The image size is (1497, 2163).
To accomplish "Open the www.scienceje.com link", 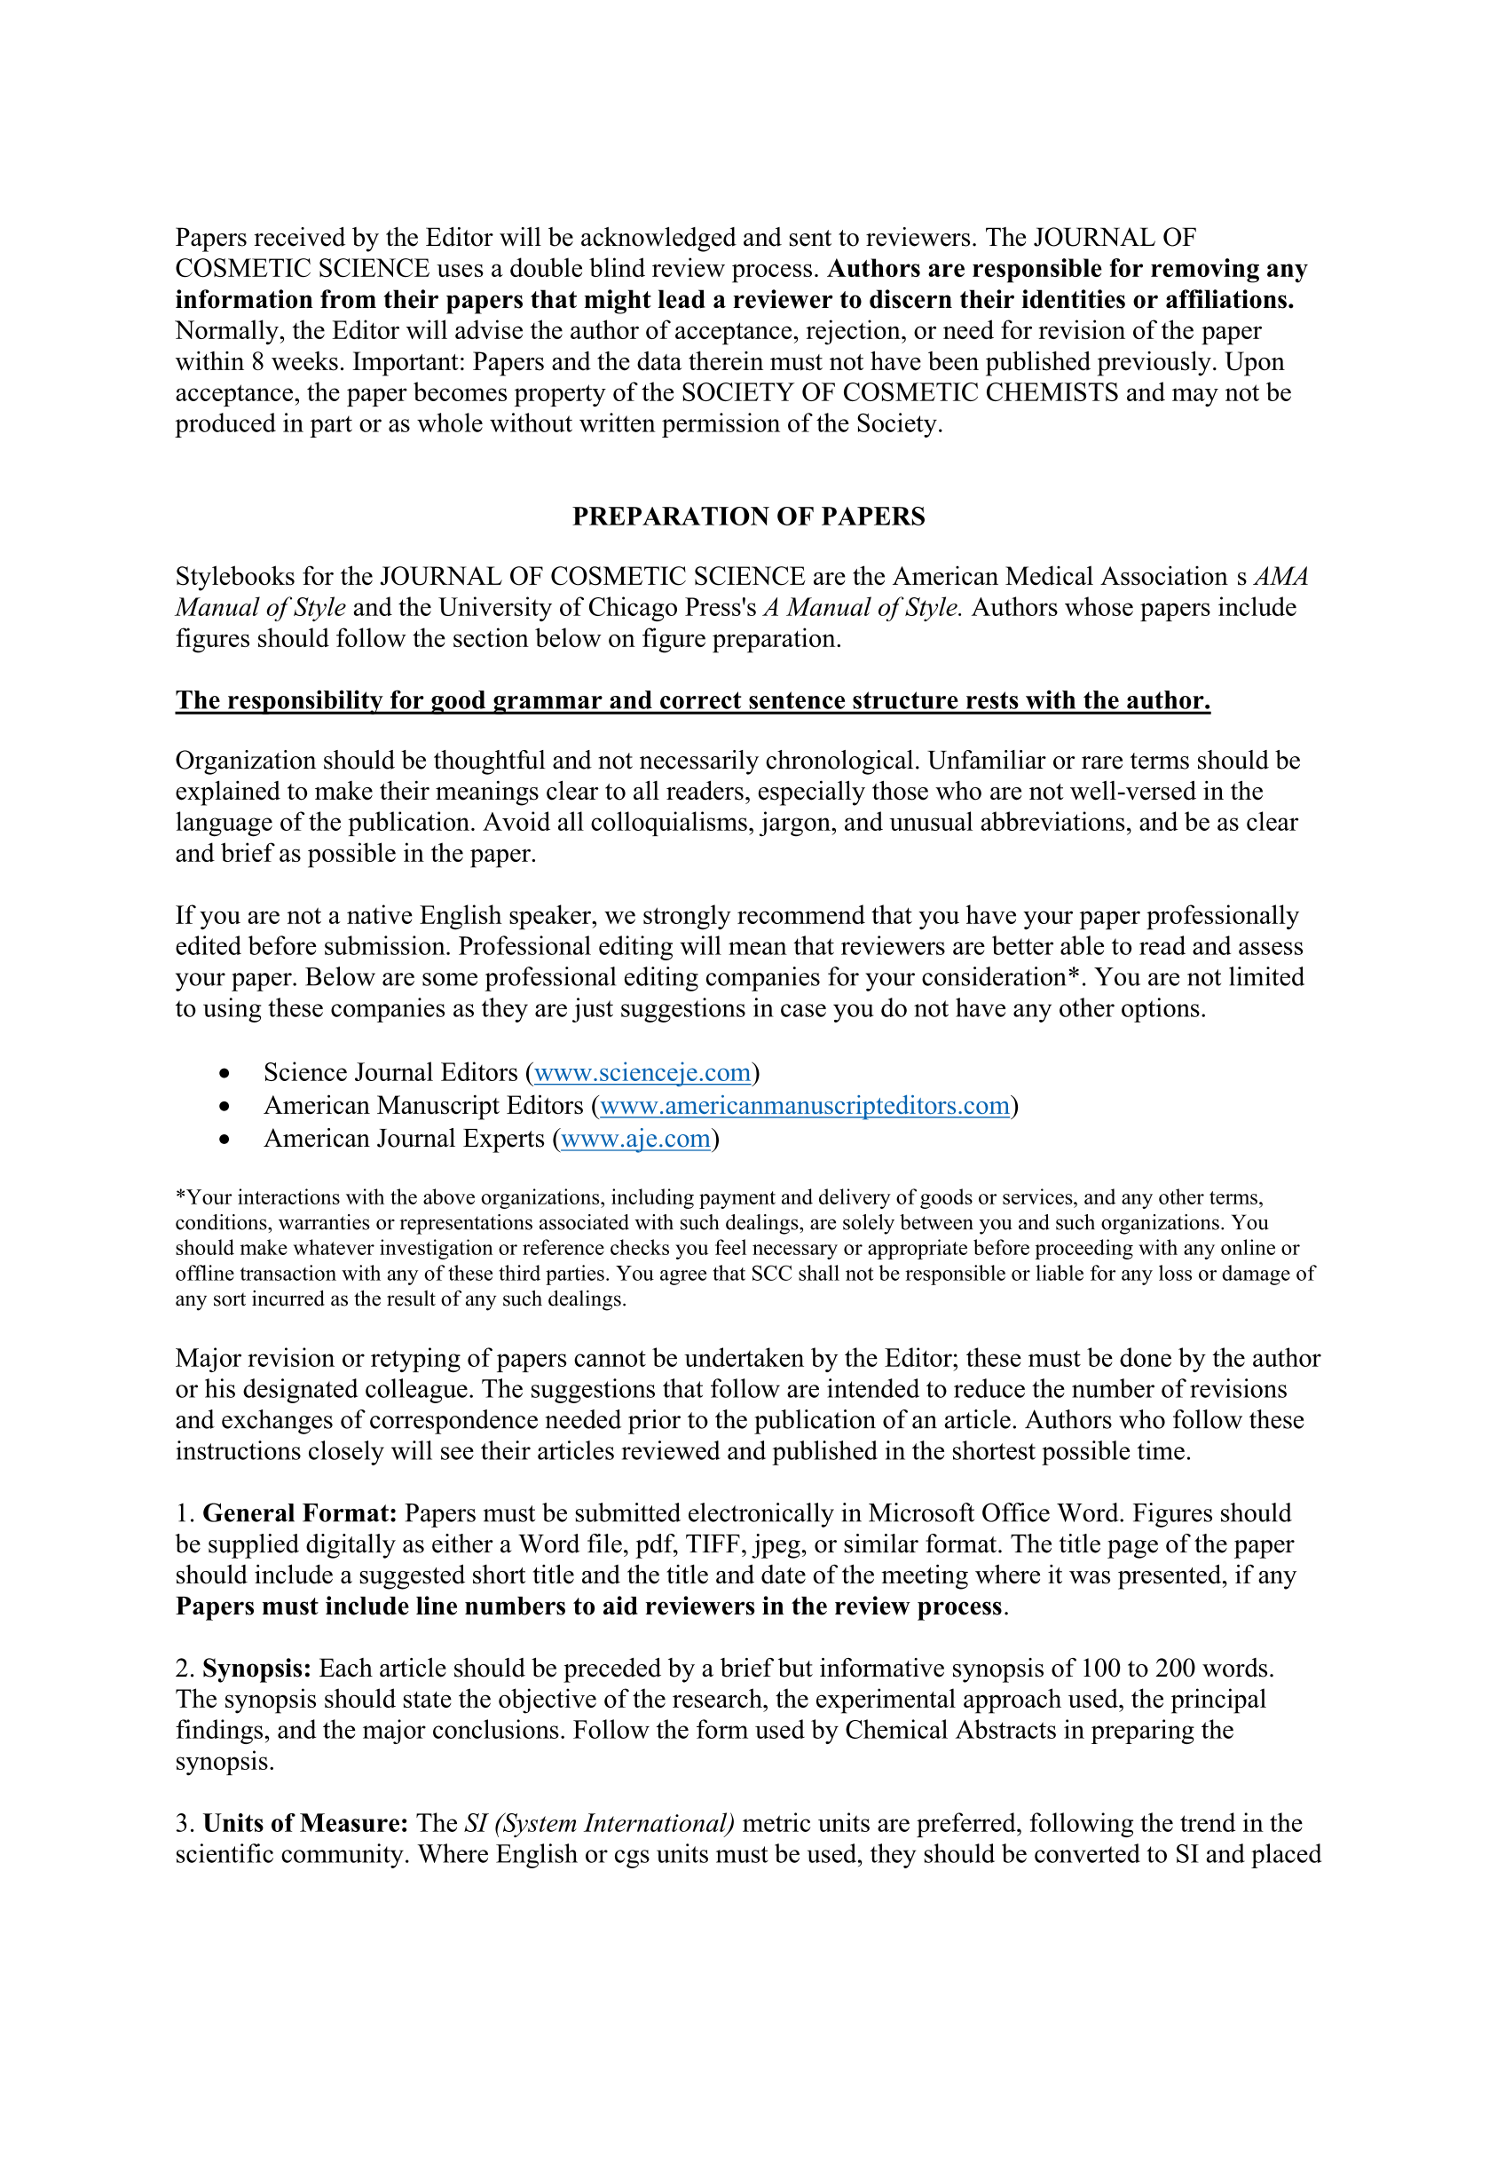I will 642,1072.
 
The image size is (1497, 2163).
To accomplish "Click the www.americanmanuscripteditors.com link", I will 804,1105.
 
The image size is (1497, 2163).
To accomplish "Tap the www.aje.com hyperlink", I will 635,1138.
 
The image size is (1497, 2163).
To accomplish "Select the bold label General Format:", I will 299,1513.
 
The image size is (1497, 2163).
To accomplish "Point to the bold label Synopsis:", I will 256,1669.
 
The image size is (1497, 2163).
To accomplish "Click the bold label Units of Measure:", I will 305,1823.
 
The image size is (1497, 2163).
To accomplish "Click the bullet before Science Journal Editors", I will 224,1073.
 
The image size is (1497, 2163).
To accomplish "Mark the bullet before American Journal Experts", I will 224,1139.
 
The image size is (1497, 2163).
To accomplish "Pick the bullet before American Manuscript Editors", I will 224,1106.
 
